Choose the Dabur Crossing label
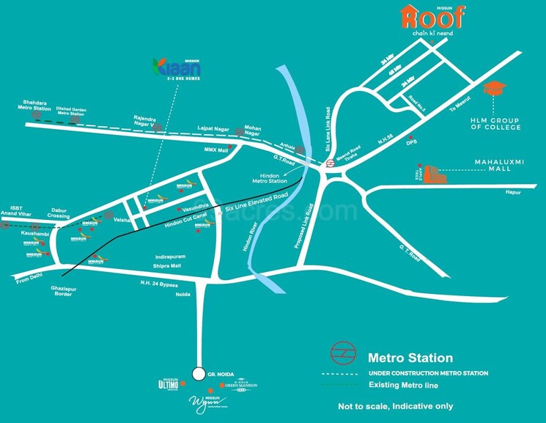point(59,213)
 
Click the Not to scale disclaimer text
point(395,406)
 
